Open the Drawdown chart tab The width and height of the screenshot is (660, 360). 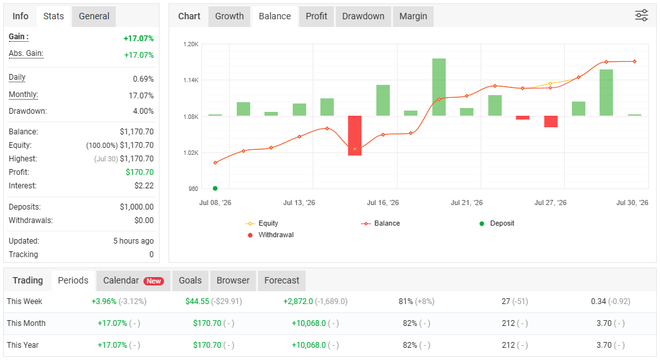[x=363, y=17]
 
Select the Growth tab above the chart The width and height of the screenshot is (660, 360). [x=230, y=17]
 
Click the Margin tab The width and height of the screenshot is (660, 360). [x=413, y=17]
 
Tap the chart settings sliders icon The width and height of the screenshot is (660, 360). [x=641, y=15]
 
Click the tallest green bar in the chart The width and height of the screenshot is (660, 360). [x=439, y=87]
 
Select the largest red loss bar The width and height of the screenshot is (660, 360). [x=355, y=136]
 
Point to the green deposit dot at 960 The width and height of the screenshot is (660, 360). [x=215, y=188]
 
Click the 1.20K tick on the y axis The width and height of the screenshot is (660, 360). [x=190, y=44]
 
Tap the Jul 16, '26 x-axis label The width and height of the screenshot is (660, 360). [x=383, y=203]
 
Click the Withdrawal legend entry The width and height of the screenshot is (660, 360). [x=271, y=235]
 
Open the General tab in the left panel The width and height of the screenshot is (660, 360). [x=94, y=17]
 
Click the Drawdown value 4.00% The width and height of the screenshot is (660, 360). [x=143, y=111]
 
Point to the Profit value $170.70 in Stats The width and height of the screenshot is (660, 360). [x=140, y=172]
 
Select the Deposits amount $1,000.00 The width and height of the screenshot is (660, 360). [x=137, y=207]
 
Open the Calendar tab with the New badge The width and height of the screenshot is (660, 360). [x=133, y=280]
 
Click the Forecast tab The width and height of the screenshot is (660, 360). [x=282, y=280]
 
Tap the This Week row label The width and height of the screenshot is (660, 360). [x=24, y=301]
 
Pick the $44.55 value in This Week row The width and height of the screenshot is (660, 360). [x=197, y=301]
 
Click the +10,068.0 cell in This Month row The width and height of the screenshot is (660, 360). [x=309, y=323]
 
